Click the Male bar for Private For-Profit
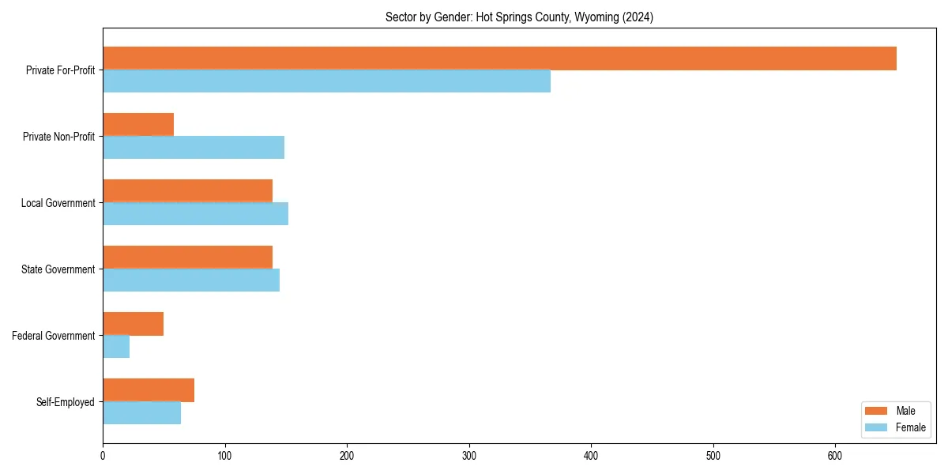tap(499, 58)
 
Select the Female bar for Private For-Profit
tap(326, 81)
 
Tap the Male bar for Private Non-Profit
tap(138, 125)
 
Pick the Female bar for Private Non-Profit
tap(194, 148)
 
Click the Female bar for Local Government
tap(195, 214)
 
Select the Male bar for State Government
tap(187, 258)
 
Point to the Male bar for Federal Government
tap(133, 324)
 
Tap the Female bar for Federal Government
tap(116, 347)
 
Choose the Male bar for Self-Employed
tap(149, 390)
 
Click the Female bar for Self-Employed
tap(141, 413)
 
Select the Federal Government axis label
tap(54, 336)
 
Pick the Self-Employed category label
tap(66, 402)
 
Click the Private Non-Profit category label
tap(59, 137)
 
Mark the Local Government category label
tap(58, 203)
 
